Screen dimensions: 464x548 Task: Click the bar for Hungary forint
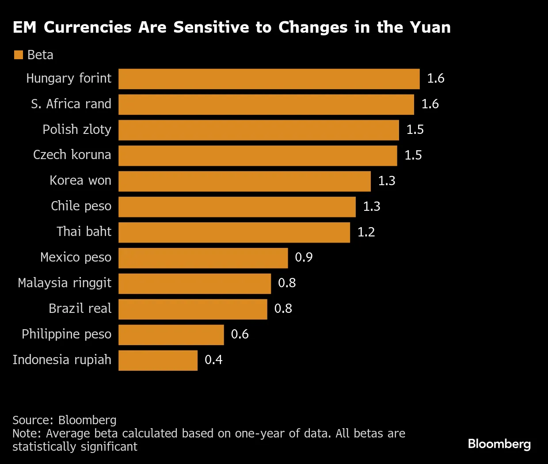269,79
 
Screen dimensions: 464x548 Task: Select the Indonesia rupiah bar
158,361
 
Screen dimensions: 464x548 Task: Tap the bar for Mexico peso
203,258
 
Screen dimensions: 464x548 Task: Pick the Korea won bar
244,181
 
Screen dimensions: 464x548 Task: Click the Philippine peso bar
171,335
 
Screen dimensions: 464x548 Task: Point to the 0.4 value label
213,360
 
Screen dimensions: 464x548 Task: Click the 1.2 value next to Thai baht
366,232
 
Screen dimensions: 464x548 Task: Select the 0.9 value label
304,258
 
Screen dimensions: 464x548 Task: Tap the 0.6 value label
240,335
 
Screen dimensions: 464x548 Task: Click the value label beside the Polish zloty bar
415,130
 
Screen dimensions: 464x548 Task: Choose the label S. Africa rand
71,104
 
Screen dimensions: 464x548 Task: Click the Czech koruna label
72,155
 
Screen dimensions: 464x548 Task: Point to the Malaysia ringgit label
65,283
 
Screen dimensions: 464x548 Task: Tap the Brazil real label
80,308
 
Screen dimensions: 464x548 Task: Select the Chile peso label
81,206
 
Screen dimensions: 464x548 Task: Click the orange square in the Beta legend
19,55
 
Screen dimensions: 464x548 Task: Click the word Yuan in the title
430,27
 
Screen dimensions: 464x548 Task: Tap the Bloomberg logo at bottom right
499,444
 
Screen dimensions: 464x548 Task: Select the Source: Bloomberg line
65,420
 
